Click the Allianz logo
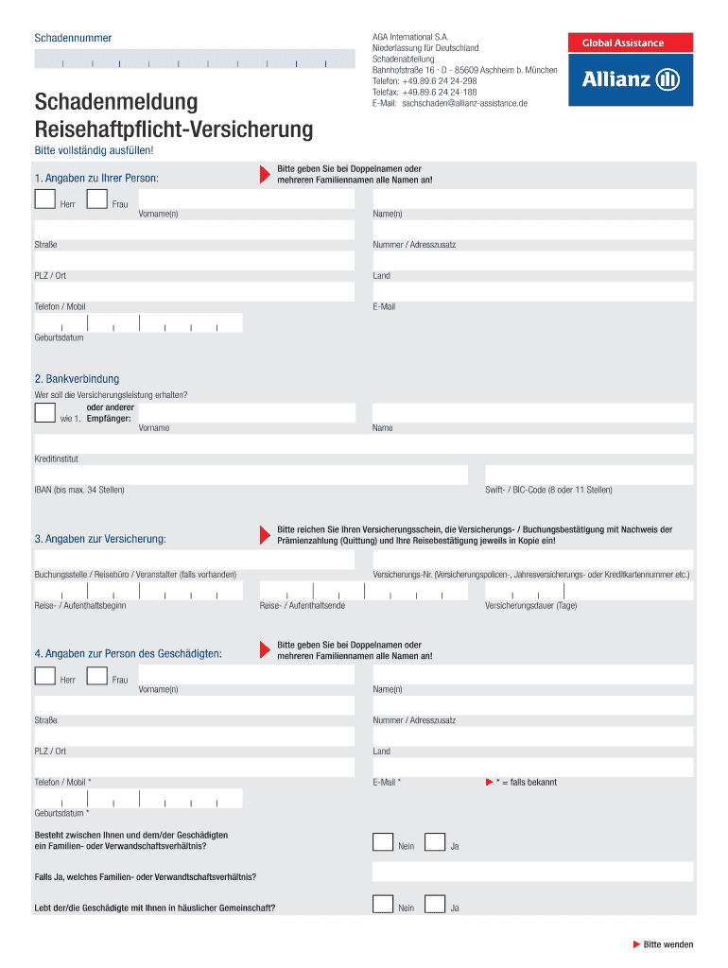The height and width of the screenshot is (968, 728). point(630,79)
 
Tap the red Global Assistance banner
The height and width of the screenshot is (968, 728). point(630,43)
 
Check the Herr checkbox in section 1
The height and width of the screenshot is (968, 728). point(44,199)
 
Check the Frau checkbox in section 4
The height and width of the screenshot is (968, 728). point(96,675)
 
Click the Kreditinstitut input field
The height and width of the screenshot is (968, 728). point(364,444)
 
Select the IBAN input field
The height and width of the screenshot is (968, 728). point(251,475)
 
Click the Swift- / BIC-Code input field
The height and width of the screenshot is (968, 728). point(589,475)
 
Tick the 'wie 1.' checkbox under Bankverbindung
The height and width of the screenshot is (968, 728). point(44,412)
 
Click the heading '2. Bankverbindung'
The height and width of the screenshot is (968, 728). point(77,379)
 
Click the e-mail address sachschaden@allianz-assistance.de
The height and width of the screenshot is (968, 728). point(464,103)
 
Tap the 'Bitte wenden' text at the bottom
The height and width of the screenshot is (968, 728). point(668,944)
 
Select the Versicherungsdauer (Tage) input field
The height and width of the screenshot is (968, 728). point(589,591)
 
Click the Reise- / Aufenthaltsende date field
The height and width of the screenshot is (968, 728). point(363,591)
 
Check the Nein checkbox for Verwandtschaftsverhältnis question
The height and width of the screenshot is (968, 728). point(383,842)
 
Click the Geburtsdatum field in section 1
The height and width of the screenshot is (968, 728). point(138,323)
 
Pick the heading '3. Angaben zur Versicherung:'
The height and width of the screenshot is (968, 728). point(100,539)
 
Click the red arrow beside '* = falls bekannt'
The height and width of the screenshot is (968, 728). point(488,782)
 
